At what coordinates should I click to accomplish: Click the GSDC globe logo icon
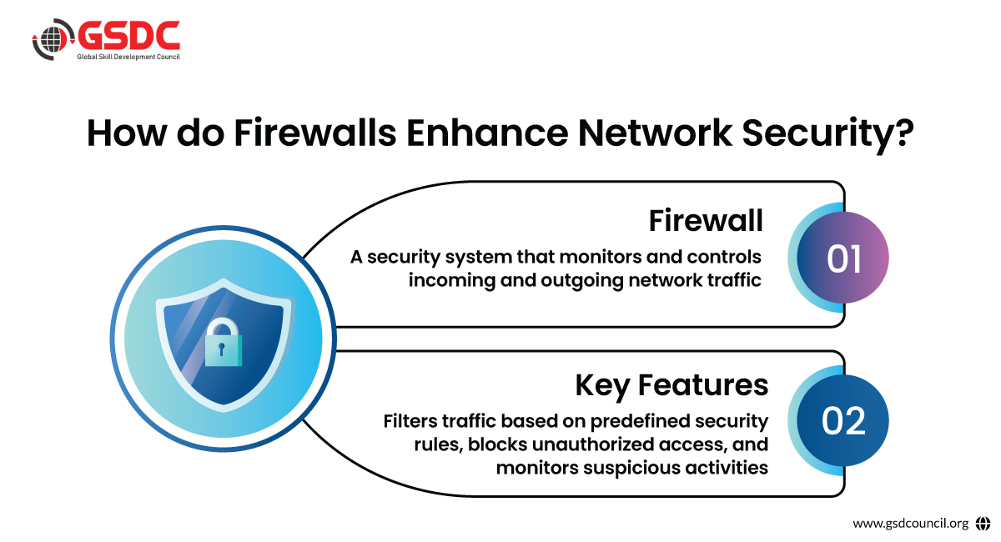(x=48, y=39)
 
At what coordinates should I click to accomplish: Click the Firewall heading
(x=706, y=221)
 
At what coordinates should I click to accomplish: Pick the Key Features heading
(x=672, y=385)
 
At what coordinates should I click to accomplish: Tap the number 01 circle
(x=843, y=259)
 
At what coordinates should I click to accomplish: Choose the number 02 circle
(x=843, y=422)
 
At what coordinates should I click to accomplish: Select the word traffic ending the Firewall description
(x=734, y=280)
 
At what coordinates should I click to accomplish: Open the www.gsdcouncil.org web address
(x=910, y=524)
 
